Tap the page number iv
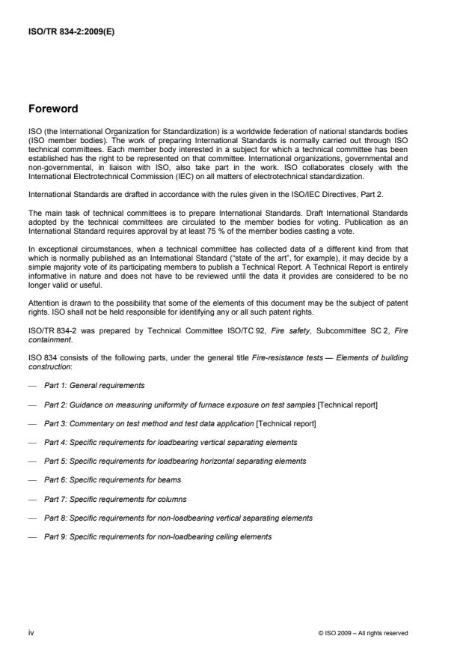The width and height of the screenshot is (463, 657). (x=31, y=632)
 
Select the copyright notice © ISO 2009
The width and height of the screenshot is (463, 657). (x=364, y=633)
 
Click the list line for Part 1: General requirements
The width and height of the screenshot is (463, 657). (x=94, y=385)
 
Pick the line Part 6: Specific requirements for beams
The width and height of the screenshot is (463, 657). (x=113, y=479)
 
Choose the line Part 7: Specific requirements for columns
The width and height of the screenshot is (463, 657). (x=117, y=498)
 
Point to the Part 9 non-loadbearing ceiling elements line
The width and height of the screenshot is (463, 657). (x=158, y=536)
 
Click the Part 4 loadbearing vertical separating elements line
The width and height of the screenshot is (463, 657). (x=171, y=442)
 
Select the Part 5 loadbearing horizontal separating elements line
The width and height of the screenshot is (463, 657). (x=175, y=461)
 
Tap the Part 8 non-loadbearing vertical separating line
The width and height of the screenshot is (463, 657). (x=178, y=518)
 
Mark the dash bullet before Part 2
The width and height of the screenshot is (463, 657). (x=32, y=405)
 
